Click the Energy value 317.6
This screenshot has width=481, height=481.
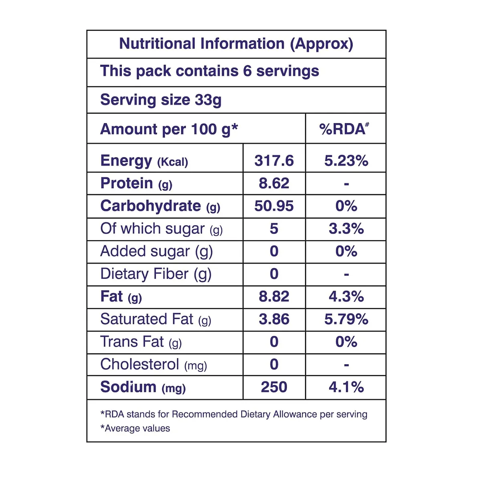click(x=274, y=160)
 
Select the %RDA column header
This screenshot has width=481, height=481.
click(x=344, y=129)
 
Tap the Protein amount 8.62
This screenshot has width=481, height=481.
click(x=274, y=183)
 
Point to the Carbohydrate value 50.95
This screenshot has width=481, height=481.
click(x=274, y=206)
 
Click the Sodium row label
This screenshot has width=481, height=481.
click(x=143, y=387)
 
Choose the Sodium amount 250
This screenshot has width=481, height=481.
click(x=274, y=387)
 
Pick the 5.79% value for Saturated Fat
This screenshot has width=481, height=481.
click(x=346, y=319)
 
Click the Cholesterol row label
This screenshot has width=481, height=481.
click(x=154, y=364)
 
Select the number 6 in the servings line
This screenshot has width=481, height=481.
click(x=247, y=71)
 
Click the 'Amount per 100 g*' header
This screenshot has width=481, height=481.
click(x=169, y=129)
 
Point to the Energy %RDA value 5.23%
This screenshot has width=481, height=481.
click(x=346, y=160)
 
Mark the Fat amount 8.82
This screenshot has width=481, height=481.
click(x=274, y=297)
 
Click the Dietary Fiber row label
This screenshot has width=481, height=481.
click(x=156, y=274)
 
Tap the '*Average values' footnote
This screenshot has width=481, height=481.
click(x=135, y=428)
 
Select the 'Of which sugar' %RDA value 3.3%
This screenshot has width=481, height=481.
click(x=346, y=228)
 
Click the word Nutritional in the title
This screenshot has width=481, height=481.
click(x=157, y=44)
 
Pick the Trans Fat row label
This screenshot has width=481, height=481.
click(x=141, y=342)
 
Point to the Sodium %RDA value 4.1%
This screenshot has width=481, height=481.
click(x=346, y=387)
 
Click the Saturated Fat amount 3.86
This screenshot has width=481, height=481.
click(x=274, y=319)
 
